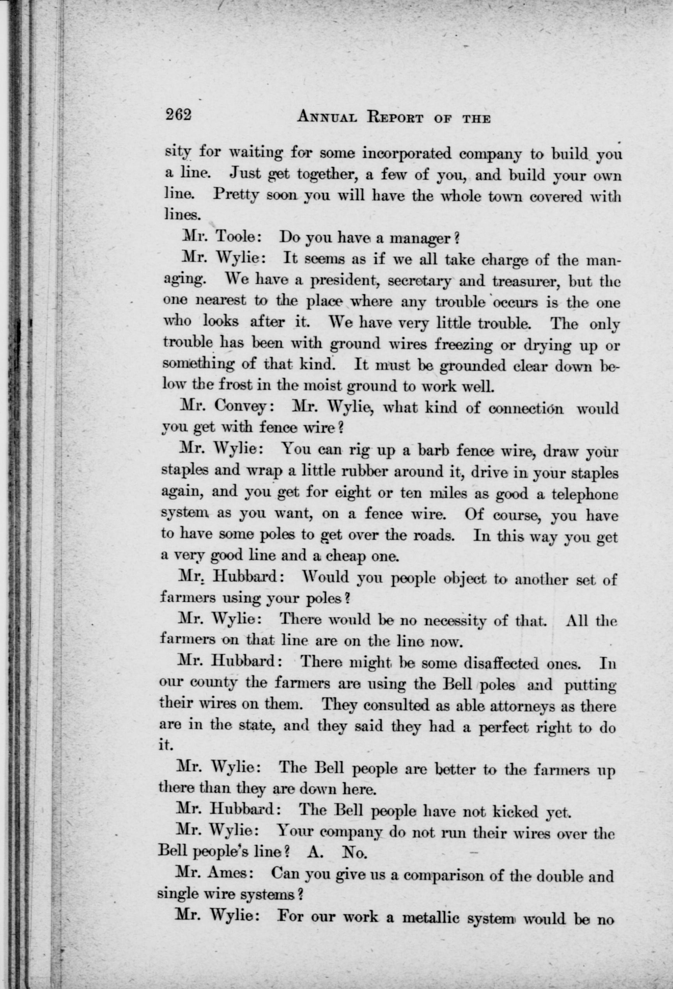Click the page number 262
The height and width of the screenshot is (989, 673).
tap(179, 116)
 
